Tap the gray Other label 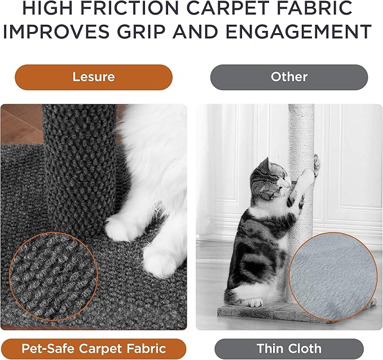289,77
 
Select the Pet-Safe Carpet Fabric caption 94,349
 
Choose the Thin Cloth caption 289,349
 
